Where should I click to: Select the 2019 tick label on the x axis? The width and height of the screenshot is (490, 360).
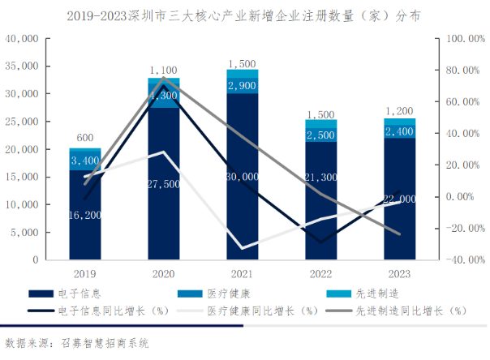(x=84, y=273)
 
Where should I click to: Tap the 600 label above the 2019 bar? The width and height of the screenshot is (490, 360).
(x=84, y=138)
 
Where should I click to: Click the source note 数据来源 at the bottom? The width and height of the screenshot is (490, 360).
(x=78, y=344)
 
